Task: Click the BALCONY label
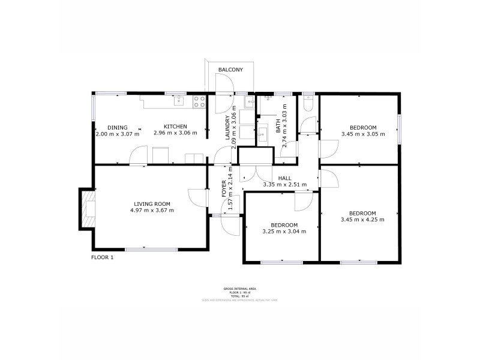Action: click(230, 70)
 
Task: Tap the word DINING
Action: click(118, 127)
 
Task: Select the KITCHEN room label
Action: click(175, 127)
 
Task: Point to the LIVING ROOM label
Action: click(152, 204)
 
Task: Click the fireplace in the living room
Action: click(88, 209)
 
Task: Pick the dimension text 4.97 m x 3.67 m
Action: click(154, 211)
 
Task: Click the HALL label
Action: click(285, 178)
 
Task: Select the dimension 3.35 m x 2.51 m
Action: click(285, 185)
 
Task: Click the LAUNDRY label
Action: click(227, 128)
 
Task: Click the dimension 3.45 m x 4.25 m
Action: click(362, 220)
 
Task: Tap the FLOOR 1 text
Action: click(102, 257)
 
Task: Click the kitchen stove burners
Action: click(199, 103)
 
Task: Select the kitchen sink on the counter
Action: click(178, 101)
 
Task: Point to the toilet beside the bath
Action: click(307, 106)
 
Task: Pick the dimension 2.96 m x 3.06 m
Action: click(175, 133)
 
